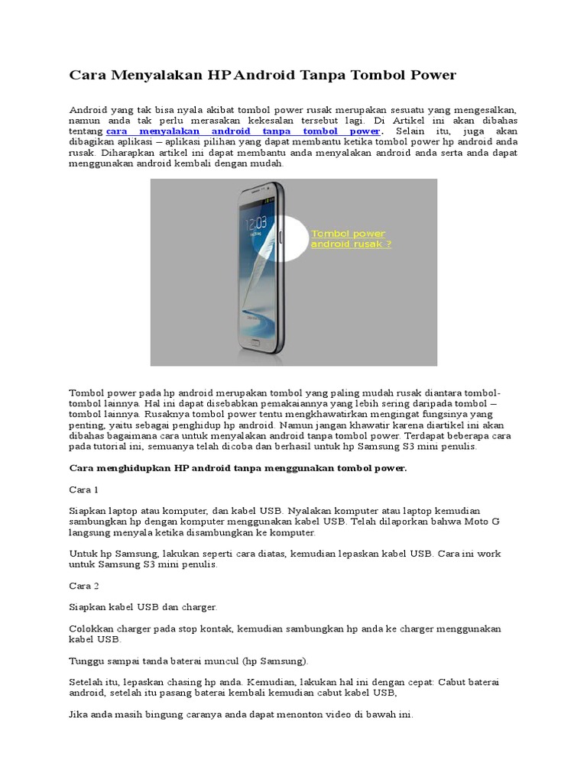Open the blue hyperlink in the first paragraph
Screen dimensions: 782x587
pyautogui.click(x=243, y=131)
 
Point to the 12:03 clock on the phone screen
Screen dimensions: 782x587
pyautogui.click(x=255, y=222)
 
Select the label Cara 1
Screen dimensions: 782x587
pyautogui.click(x=84, y=489)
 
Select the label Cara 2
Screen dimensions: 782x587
pyautogui.click(x=84, y=586)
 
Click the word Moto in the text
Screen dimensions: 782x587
pyautogui.click(x=469, y=520)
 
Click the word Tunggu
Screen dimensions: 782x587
pyautogui.click(x=87, y=660)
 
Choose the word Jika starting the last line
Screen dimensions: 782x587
pyautogui.click(x=79, y=715)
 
